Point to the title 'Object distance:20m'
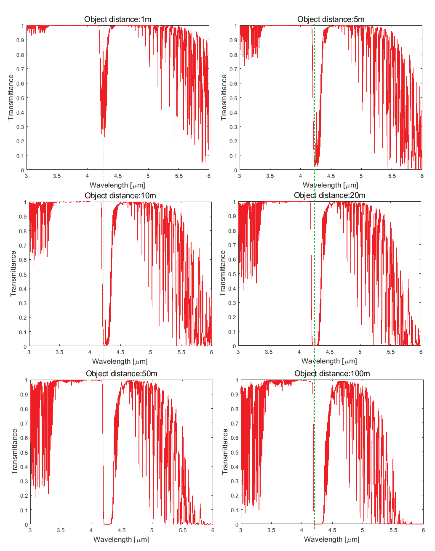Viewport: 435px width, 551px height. point(330,195)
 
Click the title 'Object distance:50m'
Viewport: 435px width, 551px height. point(121,374)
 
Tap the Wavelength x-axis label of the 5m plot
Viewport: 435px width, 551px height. point(330,185)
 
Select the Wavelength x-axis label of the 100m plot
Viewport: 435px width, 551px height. point(332,539)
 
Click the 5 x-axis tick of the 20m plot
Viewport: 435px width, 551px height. point(360,352)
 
